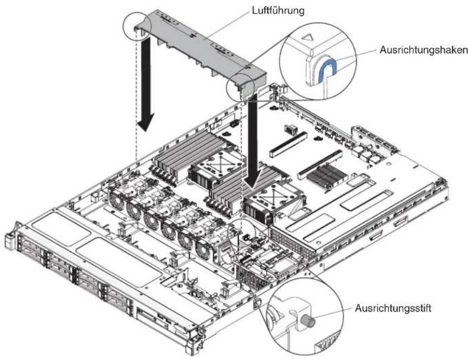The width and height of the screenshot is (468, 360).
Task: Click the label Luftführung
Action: point(278,11)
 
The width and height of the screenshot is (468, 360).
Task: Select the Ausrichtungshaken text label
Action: point(423,50)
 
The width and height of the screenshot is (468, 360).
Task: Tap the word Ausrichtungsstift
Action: point(393,308)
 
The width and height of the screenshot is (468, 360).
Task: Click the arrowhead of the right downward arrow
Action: point(253,179)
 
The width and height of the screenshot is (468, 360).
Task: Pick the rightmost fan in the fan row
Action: point(204,251)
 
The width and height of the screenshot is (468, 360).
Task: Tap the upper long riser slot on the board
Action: point(288,145)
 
